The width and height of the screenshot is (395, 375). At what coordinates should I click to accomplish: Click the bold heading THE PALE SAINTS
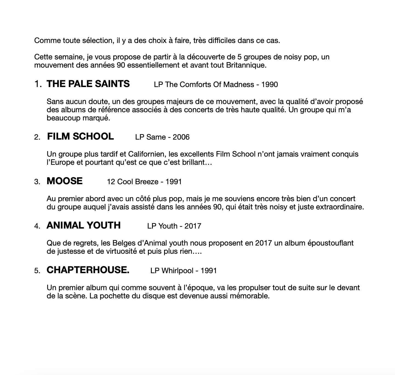click(x=88, y=84)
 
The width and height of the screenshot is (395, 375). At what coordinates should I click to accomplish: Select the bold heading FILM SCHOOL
click(x=80, y=136)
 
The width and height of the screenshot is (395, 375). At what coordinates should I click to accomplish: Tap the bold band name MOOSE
click(x=64, y=181)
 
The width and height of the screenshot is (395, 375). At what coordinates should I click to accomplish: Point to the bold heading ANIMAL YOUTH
click(x=84, y=225)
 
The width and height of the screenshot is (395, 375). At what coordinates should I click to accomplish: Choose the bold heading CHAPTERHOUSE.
click(x=88, y=270)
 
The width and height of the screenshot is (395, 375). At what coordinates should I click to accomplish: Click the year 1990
click(x=270, y=84)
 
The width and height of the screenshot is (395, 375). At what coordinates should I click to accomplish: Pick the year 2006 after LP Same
click(x=181, y=137)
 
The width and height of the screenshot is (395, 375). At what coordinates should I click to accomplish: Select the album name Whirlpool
click(x=177, y=271)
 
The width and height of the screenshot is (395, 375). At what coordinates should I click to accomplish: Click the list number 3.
click(x=37, y=182)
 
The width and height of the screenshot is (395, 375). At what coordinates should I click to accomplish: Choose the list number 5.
click(x=37, y=271)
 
